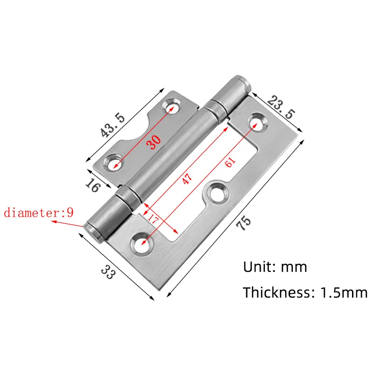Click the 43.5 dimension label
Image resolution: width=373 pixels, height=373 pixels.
(x=112, y=125)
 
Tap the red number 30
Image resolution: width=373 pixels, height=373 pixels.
(x=153, y=142)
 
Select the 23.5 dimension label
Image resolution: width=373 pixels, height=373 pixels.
(x=281, y=107)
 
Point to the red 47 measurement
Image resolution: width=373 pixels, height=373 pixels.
(x=187, y=179)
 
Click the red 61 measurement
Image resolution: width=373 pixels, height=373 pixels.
(x=230, y=162)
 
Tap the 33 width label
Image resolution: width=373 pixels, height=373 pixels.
(x=108, y=272)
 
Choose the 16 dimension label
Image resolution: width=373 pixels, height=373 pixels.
(x=92, y=185)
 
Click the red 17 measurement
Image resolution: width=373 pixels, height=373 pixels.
(x=152, y=219)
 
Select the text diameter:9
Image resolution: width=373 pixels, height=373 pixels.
(x=39, y=213)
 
